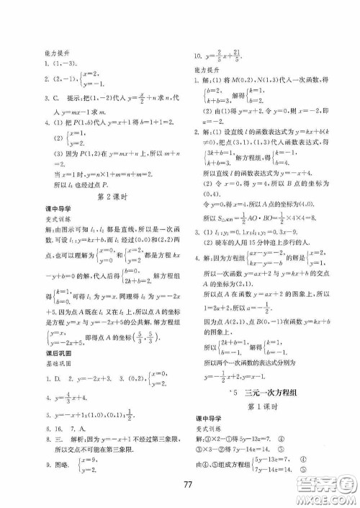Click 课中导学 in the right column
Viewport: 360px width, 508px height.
(x=211, y=419)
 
